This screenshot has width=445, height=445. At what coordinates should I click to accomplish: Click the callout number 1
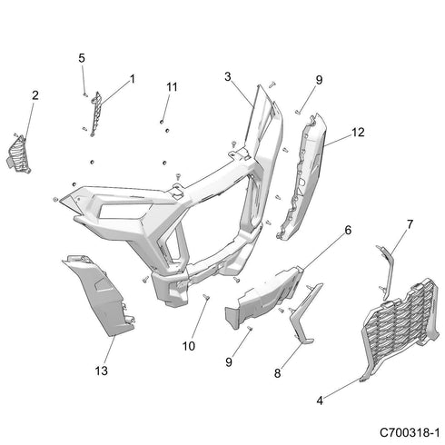[x=132, y=79]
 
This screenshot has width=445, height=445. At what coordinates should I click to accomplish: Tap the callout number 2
[x=35, y=95]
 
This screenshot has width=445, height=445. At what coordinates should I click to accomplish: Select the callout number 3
[x=228, y=76]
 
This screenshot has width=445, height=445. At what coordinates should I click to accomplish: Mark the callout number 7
[x=410, y=223]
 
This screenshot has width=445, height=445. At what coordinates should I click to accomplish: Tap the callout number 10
[x=190, y=344]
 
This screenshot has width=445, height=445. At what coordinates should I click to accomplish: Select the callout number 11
[x=170, y=86]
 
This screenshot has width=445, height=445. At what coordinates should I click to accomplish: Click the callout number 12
[x=359, y=133]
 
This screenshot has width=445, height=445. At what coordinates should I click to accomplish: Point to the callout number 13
[x=101, y=371]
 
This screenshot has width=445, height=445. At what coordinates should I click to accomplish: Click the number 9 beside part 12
[x=319, y=80]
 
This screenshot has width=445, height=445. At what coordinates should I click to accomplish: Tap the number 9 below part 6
[x=228, y=362]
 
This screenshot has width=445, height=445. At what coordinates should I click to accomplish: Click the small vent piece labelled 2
[x=21, y=151]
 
